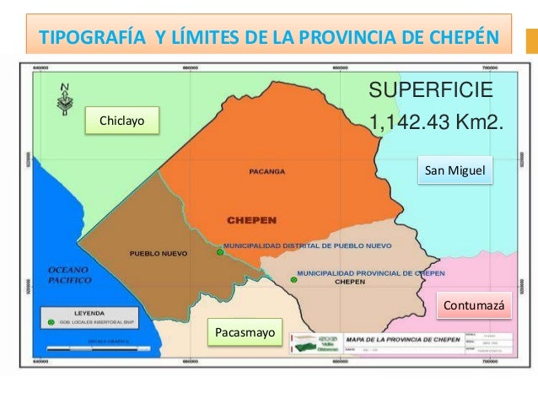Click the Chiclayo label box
(x=122, y=121)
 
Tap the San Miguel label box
(x=455, y=171)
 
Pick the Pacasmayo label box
(x=245, y=333)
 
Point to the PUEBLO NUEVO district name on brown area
(x=158, y=253)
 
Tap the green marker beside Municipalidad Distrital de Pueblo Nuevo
(x=219, y=252)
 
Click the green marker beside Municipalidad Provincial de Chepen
(x=293, y=278)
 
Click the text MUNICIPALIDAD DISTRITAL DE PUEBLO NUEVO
(x=306, y=246)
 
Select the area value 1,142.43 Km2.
(x=436, y=123)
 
